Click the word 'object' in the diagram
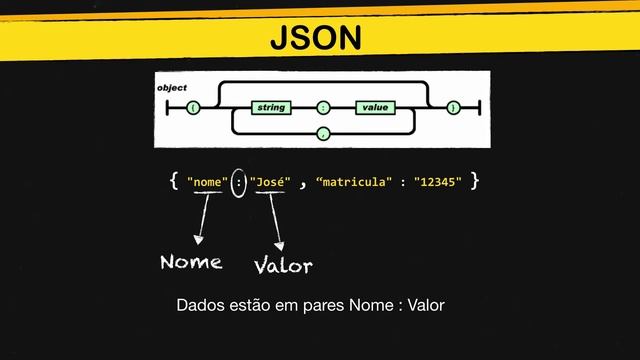[x=172, y=88]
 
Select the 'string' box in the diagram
[x=270, y=106]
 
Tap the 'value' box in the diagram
[x=376, y=106]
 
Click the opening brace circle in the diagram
[x=192, y=106]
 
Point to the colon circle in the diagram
[x=322, y=106]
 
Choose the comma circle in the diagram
[x=322, y=130]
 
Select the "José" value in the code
[x=270, y=182]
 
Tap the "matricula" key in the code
[x=354, y=182]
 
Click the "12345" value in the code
[x=439, y=182]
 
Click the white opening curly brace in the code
[x=174, y=181]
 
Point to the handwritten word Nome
[x=191, y=262]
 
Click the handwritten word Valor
[x=283, y=266]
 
